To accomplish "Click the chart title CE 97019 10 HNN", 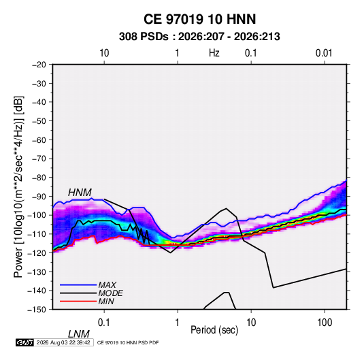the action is pos(199,19).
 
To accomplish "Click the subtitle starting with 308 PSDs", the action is pos(199,37).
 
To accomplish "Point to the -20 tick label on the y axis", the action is pos(39,65).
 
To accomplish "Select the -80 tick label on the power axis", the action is pos(39,178).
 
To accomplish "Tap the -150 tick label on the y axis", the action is pos(37,310).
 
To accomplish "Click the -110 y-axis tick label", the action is pos(37,234).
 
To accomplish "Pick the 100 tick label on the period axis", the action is pos(325,323).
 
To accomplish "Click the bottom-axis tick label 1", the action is pos(178,323).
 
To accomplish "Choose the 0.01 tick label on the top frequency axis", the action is pos(324,53).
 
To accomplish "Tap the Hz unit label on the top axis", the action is pos(214,53).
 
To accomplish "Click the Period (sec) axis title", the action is pos(214,330).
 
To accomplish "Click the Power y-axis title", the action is pos(19,186).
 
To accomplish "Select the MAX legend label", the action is pos(107,285).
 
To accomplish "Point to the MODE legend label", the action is pos(110,293).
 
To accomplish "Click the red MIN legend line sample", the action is pos(78,301).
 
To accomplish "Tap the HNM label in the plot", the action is pos(80,193).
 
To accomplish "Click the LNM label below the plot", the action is pos(79,334).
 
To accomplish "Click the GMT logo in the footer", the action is pos(24,342).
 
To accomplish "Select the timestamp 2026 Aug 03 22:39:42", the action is pos(63,342).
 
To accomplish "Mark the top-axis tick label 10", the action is pos(104,53).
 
